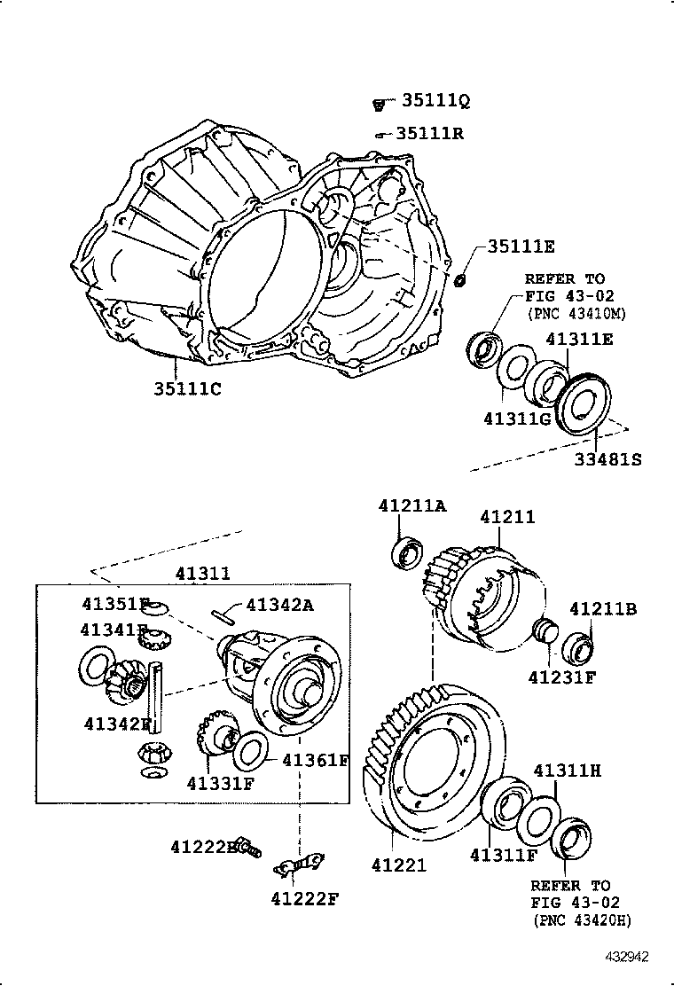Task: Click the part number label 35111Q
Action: tap(433, 102)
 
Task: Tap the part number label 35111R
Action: tap(430, 134)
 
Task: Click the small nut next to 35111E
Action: tap(460, 280)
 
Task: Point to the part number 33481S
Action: tap(607, 459)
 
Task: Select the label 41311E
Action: tap(579, 339)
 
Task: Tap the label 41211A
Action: tap(412, 505)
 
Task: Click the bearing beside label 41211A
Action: tap(411, 552)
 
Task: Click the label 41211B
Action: tap(603, 608)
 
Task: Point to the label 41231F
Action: tap(562, 678)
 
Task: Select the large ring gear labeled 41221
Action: tap(435, 763)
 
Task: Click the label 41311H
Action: tap(567, 771)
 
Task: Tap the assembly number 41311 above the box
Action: tap(203, 573)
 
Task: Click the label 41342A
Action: tap(281, 605)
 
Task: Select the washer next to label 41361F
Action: tap(251, 750)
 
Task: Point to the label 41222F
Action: tap(305, 899)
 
